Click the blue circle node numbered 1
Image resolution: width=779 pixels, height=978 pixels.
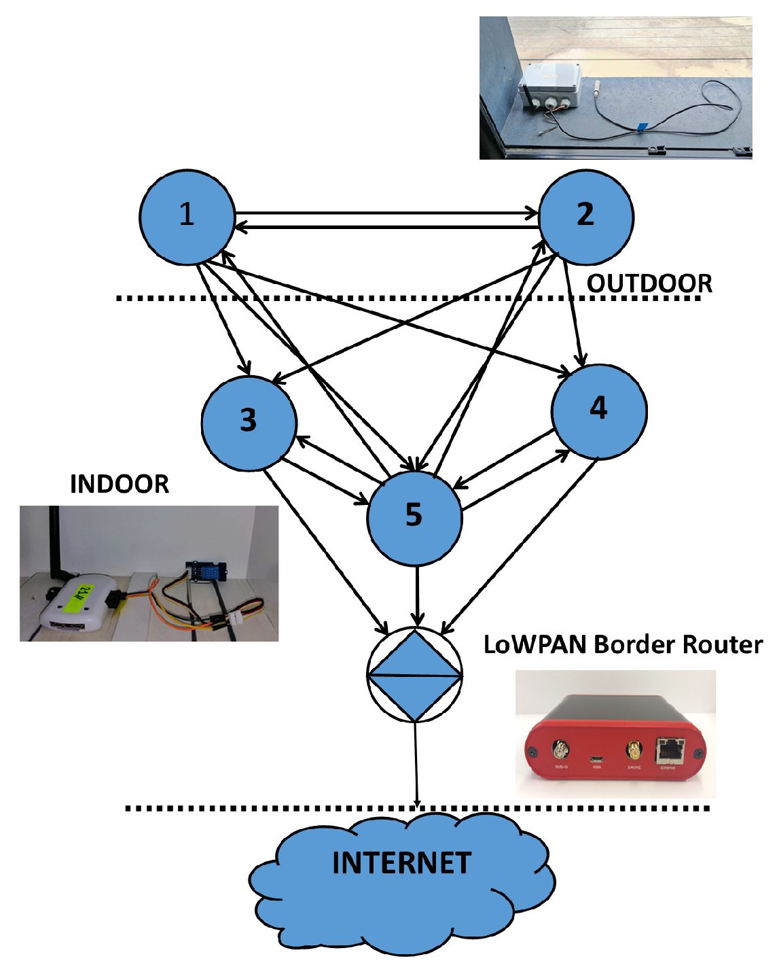(187, 217)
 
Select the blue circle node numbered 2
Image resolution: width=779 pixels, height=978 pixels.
(585, 217)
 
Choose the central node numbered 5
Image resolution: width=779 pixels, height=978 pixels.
(414, 517)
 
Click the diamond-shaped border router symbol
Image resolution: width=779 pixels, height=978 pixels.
(414, 676)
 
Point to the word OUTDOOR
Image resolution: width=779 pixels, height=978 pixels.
(649, 283)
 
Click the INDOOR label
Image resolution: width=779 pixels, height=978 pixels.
(120, 484)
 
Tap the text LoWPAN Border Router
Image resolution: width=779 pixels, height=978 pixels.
(623, 644)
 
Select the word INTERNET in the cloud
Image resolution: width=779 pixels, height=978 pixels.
(401, 863)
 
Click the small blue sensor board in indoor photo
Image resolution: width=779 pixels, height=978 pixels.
(206, 572)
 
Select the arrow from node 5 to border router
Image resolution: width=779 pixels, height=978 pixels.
(417, 595)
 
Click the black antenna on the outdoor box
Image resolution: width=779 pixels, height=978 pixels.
(526, 97)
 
